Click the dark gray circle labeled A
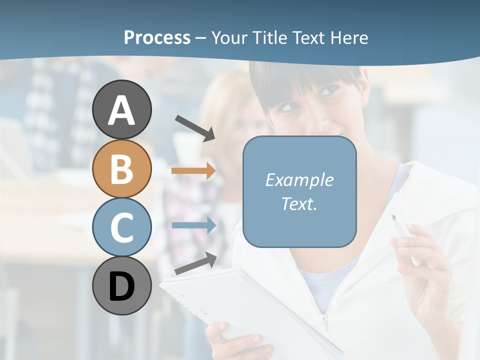coord(121,109)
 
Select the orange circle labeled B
coord(121,168)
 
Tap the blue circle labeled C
coord(121,227)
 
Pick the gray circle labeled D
coord(121,286)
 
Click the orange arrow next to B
coord(193,171)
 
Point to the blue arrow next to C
coord(193,225)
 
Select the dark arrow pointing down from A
coord(194,127)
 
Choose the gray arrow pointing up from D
coord(195,263)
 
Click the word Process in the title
coord(157,37)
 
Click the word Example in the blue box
coord(299,180)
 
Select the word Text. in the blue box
coord(299,203)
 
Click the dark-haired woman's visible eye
coord(329,91)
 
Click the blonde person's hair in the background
coord(230,95)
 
